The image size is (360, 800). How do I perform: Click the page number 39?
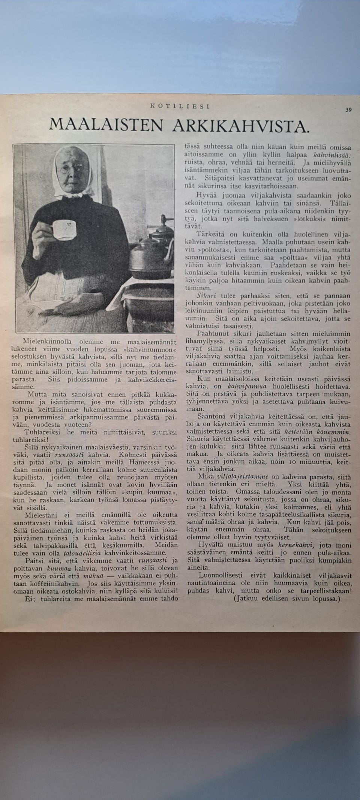[x=348, y=110]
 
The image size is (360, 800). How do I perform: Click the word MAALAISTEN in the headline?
[x=106, y=125]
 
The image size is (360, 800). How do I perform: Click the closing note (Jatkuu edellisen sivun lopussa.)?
[x=287, y=599]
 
